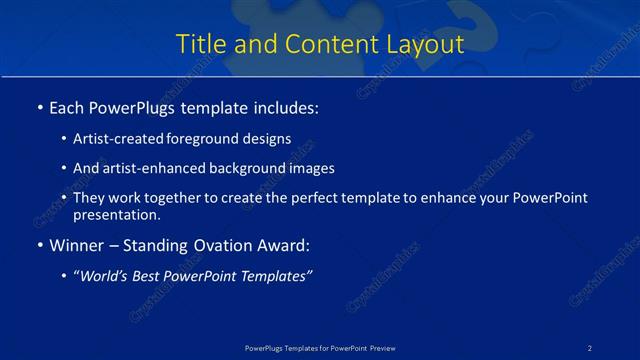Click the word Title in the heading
pyautogui.click(x=200, y=45)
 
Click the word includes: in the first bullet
pyautogui.click(x=283, y=107)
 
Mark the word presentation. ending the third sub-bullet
pyautogui.click(x=116, y=214)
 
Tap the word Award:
pyautogui.click(x=280, y=245)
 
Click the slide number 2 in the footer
pyautogui.click(x=590, y=347)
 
